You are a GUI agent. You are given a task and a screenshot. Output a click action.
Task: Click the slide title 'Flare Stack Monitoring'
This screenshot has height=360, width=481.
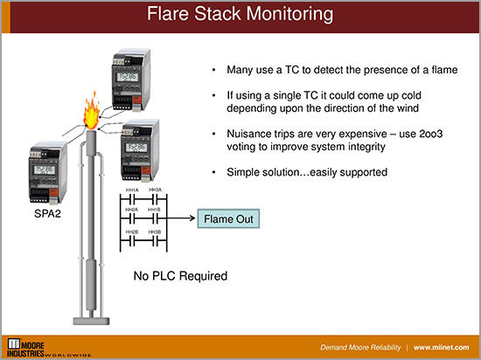click(x=240, y=15)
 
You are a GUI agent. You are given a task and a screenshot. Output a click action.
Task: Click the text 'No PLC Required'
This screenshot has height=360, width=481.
click(x=179, y=276)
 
